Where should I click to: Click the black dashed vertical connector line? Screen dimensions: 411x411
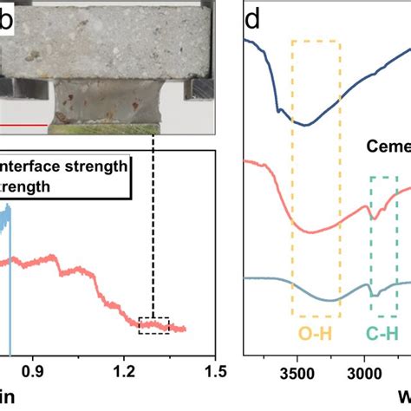click(153, 225)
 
